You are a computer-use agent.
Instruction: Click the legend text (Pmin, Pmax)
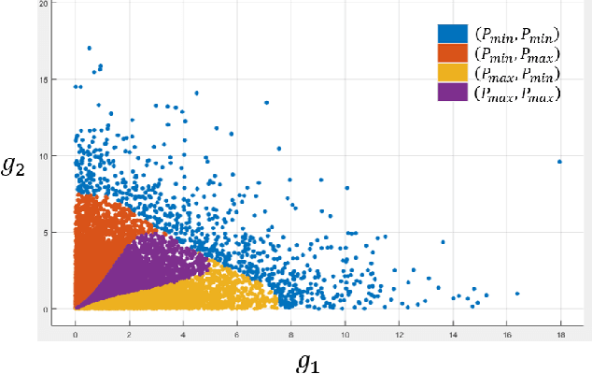(x=517, y=54)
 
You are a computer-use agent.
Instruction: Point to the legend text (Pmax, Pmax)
(x=517, y=93)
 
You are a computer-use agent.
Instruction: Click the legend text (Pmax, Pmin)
(x=517, y=74)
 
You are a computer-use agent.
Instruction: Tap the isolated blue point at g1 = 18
(x=559, y=162)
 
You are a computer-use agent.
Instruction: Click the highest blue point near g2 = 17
(x=89, y=48)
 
